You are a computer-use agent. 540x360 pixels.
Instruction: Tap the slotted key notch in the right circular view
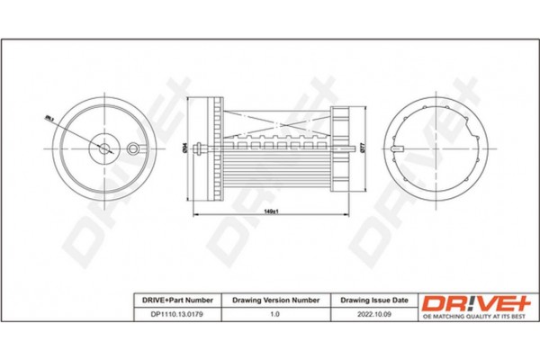(400, 148)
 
